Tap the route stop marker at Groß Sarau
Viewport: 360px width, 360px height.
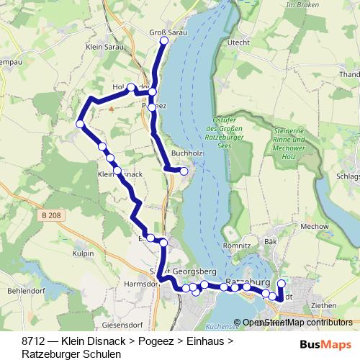[x=163, y=41]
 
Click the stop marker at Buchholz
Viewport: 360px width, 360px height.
[x=184, y=171]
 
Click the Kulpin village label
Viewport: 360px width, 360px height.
[x=84, y=254]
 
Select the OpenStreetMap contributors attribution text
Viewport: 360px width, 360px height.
[x=297, y=323]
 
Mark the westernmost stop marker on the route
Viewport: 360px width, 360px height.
[x=81, y=125]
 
